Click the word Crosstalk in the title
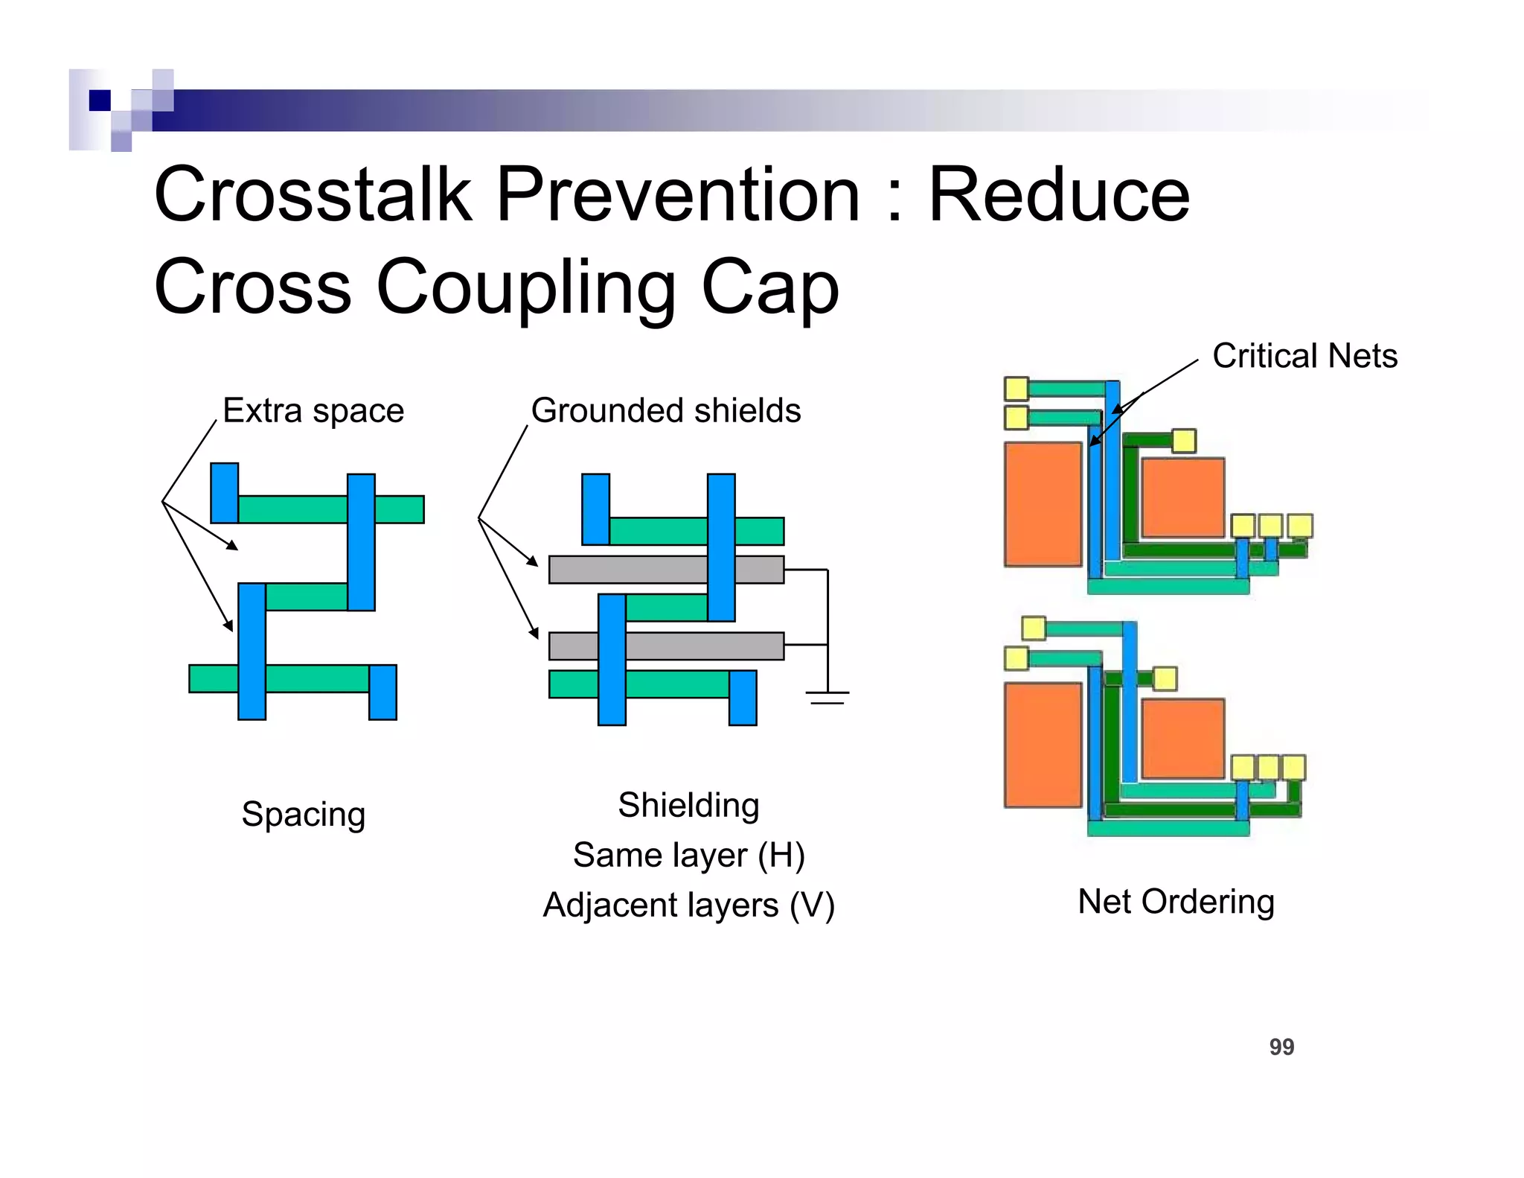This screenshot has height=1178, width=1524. pyautogui.click(x=313, y=195)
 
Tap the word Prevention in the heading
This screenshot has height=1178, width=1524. pyautogui.click(x=677, y=195)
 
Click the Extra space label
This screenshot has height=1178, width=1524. pyautogui.click(x=313, y=410)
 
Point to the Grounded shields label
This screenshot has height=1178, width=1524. pyautogui.click(x=665, y=410)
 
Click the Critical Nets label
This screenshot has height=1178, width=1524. pyautogui.click(x=1304, y=356)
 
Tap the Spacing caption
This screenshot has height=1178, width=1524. pyautogui.click(x=303, y=814)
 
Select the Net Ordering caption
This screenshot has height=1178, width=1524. pyautogui.click(x=1176, y=901)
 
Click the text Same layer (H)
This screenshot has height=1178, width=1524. pyautogui.click(x=688, y=855)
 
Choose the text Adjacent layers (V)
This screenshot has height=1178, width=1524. pyautogui.click(x=688, y=905)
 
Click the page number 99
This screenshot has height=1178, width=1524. pyautogui.click(x=1281, y=1047)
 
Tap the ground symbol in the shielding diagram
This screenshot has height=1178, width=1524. pyautogui.click(x=827, y=697)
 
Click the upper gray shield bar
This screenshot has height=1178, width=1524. pyautogui.click(x=640, y=570)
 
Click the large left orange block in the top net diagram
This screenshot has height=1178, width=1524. pyautogui.click(x=1043, y=504)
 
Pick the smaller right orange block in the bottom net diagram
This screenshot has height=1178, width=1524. pyautogui.click(x=1182, y=738)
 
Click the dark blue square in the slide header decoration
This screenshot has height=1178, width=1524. pyautogui.click(x=100, y=100)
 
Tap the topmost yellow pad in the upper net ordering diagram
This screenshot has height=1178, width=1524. pyautogui.click(x=1016, y=388)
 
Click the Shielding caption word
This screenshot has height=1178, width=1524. pyautogui.click(x=688, y=805)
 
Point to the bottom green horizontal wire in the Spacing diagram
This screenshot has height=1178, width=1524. pyautogui.click(x=316, y=678)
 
